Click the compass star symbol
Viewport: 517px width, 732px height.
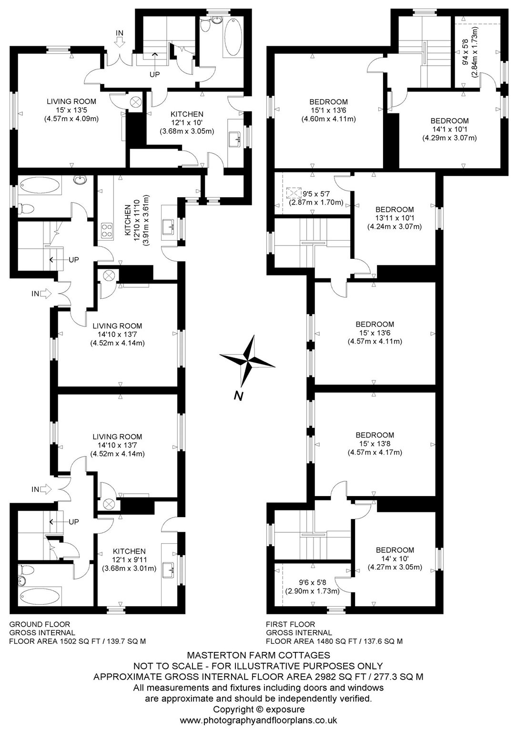pos(247,361)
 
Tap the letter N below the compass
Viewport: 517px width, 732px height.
pos(239,396)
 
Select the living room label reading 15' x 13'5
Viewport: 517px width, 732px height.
pos(71,110)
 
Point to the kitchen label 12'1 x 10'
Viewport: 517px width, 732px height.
pos(187,122)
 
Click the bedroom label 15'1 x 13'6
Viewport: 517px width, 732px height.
pos(328,110)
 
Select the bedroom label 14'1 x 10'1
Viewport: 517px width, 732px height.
pos(449,129)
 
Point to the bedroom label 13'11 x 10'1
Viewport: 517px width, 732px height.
pos(395,218)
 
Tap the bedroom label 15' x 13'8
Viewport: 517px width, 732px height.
pos(375,444)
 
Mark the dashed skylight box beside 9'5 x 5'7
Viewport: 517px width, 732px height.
pos(294,193)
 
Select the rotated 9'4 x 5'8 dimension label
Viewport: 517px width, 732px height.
pos(470,52)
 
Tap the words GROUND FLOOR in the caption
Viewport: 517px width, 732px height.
pos(40,624)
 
